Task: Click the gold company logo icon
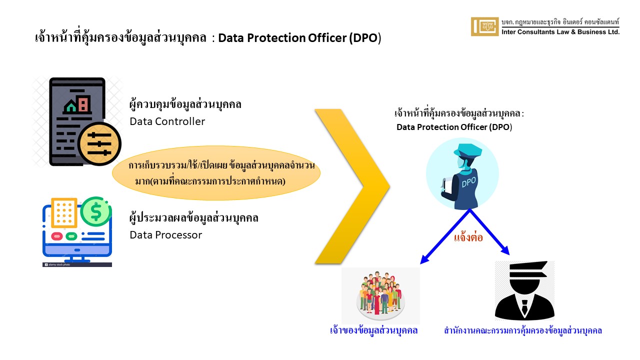click(x=484, y=26)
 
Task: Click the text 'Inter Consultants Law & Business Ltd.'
click(x=560, y=32)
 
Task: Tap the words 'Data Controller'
click(x=167, y=121)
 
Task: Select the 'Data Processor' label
click(x=165, y=235)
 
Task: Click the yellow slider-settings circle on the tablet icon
click(x=99, y=144)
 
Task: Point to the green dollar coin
click(x=95, y=211)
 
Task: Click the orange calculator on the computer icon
click(x=64, y=212)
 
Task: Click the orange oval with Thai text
click(x=216, y=173)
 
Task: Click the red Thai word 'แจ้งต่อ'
click(x=468, y=237)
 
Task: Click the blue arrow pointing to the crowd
click(x=444, y=237)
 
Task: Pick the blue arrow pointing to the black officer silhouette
click(x=489, y=231)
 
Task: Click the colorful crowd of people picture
click(x=380, y=295)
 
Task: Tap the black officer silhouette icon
click(x=524, y=290)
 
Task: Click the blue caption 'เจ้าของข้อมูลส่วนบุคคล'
click(x=373, y=330)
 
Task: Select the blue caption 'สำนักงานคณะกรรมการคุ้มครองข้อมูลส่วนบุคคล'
click(x=523, y=330)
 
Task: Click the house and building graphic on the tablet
click(x=77, y=103)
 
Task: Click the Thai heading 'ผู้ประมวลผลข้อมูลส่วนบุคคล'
click(x=193, y=217)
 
